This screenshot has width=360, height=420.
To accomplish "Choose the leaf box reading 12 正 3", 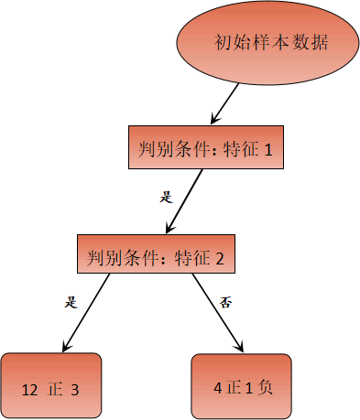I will click(x=49, y=385).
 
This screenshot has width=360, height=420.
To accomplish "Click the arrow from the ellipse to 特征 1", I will click(x=226, y=102).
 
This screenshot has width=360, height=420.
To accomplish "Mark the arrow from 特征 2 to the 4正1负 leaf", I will click(x=218, y=311).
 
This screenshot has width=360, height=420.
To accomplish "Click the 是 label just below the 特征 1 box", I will click(x=166, y=195).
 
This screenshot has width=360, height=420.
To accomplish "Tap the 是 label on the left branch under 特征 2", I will click(x=71, y=301).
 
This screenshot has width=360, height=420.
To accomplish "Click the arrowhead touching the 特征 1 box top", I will click(x=215, y=120).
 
